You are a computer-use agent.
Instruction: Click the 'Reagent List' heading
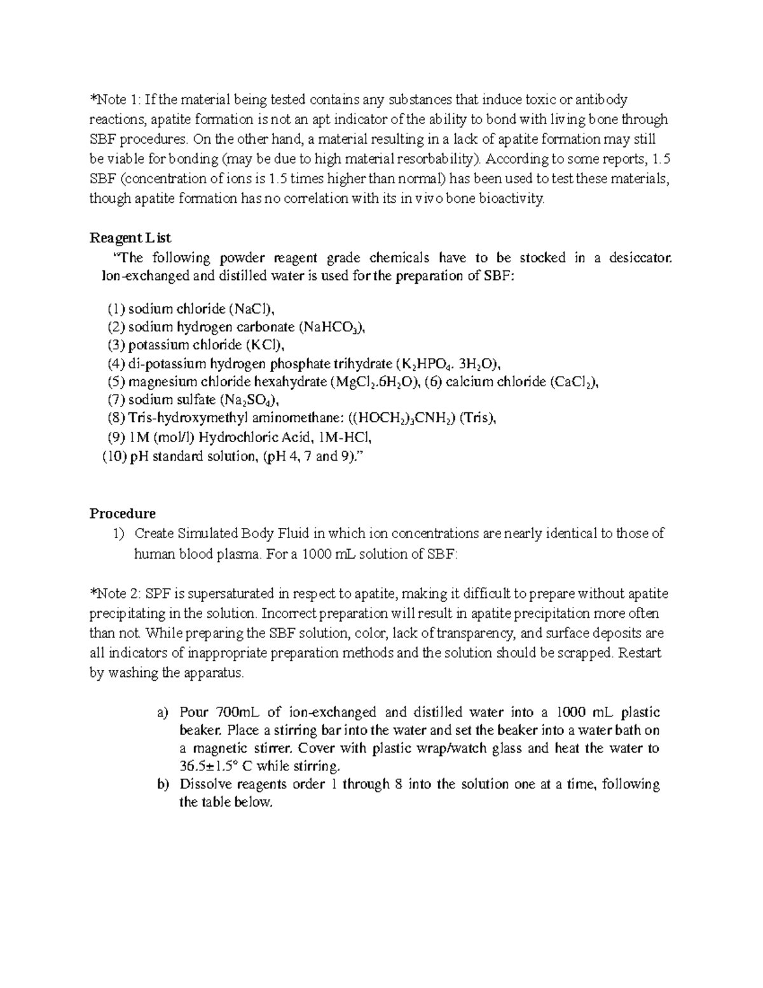coord(130,238)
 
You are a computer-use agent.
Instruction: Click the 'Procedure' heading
coord(122,513)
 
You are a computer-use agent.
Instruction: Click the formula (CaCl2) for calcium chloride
coord(574,382)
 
